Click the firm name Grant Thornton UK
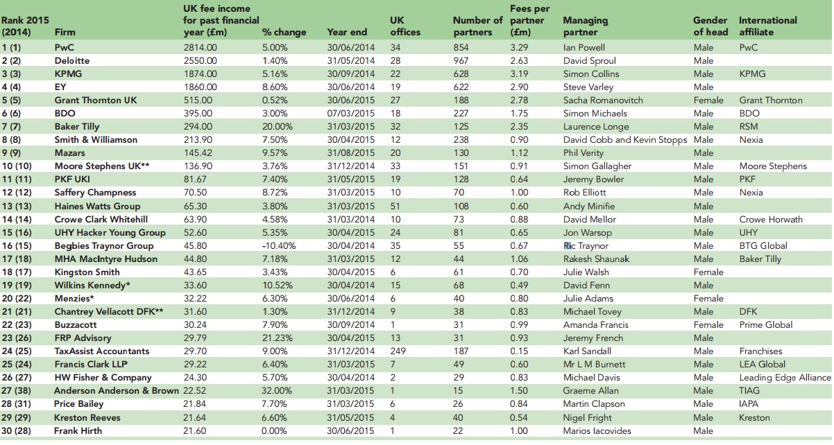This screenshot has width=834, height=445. (x=95, y=100)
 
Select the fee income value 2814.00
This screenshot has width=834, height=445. (x=200, y=47)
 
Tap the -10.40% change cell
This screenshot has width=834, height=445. (x=279, y=245)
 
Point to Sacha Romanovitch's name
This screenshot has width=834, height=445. (x=603, y=100)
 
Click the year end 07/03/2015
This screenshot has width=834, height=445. (x=350, y=113)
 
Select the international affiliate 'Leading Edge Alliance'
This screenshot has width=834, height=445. (x=784, y=378)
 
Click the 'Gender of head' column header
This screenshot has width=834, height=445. (x=710, y=26)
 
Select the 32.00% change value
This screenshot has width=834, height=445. (x=278, y=391)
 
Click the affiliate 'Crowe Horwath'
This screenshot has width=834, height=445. (x=770, y=219)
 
